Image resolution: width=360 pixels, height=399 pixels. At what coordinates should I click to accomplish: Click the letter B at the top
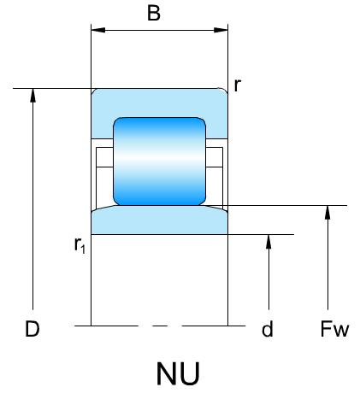click(154, 13)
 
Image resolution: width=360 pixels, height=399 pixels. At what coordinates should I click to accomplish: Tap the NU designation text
click(178, 373)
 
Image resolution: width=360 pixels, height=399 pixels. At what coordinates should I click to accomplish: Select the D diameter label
click(32, 329)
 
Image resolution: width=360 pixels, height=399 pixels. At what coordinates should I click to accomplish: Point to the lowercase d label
click(268, 329)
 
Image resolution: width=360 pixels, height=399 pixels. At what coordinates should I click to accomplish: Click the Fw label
click(334, 329)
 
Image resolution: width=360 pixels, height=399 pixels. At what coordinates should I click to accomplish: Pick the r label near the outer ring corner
click(237, 85)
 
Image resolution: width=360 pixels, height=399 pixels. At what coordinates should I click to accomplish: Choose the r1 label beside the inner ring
click(80, 245)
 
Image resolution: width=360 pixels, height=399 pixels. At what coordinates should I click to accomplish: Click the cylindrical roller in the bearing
click(160, 161)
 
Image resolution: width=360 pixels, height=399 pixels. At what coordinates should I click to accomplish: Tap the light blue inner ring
click(160, 220)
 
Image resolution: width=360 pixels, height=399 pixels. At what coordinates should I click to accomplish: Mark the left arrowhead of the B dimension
click(97, 30)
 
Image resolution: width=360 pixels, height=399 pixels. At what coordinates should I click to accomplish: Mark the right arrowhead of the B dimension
click(221, 30)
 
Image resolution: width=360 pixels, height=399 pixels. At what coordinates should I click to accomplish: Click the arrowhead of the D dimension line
click(33, 95)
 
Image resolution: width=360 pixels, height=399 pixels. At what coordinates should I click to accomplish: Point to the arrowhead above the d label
click(269, 242)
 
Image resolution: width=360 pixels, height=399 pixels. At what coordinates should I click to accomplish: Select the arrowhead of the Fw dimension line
click(328, 212)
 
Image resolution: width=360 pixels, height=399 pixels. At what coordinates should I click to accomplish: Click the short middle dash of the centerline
click(160, 326)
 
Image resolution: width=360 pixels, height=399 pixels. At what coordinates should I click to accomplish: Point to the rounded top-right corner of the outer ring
click(224, 90)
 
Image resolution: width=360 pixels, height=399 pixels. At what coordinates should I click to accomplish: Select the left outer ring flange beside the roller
click(102, 128)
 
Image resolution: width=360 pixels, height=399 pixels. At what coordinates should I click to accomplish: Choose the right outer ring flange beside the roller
click(217, 128)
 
